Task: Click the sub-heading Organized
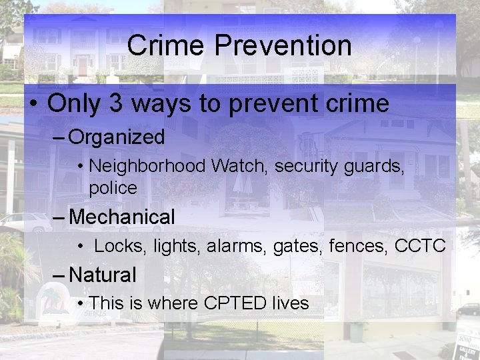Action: tap(117, 137)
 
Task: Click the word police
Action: tap(113, 188)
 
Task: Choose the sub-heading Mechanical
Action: tap(122, 217)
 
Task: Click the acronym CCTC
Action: tap(420, 246)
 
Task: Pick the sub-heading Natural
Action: tap(103, 275)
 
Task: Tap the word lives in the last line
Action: tap(290, 303)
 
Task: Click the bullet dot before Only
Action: tap(33, 105)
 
